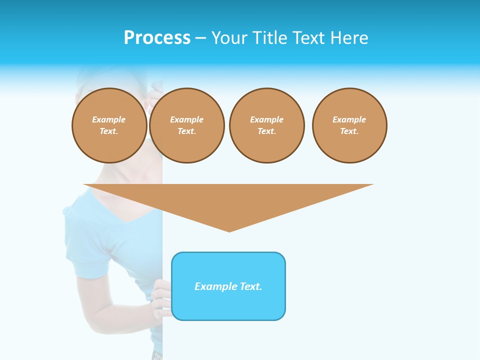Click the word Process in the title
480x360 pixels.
(x=157, y=38)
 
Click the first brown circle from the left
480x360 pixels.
(x=109, y=125)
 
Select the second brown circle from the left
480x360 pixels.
(x=187, y=125)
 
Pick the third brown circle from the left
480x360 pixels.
(x=266, y=125)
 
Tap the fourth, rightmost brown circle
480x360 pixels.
(x=349, y=125)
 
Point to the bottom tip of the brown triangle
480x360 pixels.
(x=229, y=230)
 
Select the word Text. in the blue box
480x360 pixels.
(x=251, y=286)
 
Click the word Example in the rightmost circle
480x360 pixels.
(x=349, y=119)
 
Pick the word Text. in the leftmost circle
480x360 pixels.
(x=109, y=131)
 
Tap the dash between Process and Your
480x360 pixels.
(x=200, y=38)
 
